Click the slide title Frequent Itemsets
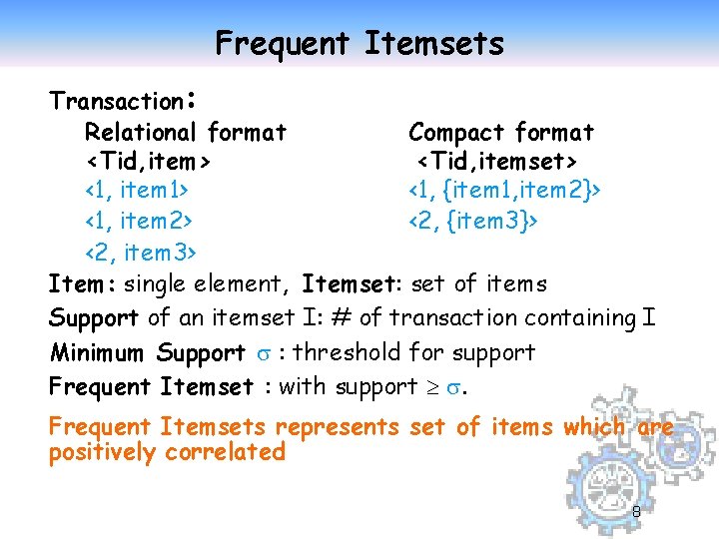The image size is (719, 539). [359, 43]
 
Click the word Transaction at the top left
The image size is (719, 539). [115, 101]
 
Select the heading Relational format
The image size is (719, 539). [186, 132]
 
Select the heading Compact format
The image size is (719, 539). [501, 132]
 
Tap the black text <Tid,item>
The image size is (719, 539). [147, 160]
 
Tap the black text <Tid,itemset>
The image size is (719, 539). [496, 160]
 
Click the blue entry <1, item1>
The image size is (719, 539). [138, 189]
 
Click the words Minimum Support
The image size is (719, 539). [147, 352]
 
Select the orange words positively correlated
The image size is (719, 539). [167, 452]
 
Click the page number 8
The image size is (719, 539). [636, 512]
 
